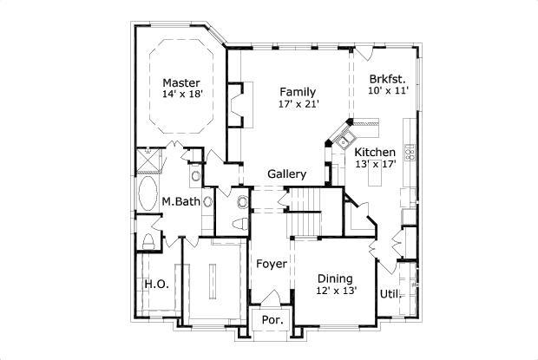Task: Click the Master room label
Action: [x=181, y=83]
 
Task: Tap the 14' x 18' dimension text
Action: [x=182, y=95]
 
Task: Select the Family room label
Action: [x=297, y=92]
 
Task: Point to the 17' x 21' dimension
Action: [x=299, y=104]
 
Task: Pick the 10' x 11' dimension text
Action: [x=388, y=88]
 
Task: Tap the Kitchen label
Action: [x=375, y=153]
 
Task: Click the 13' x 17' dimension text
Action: [x=375, y=165]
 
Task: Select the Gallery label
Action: [x=285, y=174]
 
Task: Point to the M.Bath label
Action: [x=181, y=202]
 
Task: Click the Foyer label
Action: [x=270, y=263]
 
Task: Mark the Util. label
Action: [x=389, y=293]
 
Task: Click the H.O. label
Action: [x=155, y=285]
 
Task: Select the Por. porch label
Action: [x=271, y=320]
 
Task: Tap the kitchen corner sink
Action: [x=344, y=141]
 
